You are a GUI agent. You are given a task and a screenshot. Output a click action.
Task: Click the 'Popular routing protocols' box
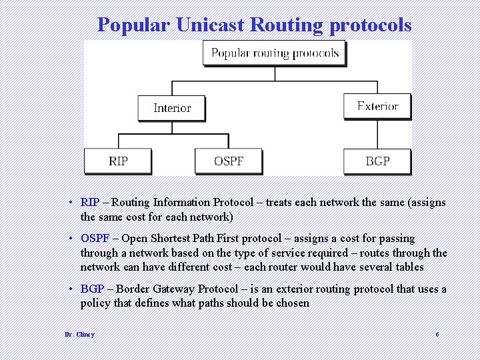pos(274,53)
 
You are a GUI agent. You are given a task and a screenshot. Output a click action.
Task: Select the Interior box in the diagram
pos(171,108)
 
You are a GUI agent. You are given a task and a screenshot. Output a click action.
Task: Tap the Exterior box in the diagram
pos(377,107)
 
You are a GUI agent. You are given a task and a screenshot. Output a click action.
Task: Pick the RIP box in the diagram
pos(118,161)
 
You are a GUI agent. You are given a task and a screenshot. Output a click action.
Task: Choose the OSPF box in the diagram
pos(229,161)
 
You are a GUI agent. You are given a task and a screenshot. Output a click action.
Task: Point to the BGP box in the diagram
pos(377,161)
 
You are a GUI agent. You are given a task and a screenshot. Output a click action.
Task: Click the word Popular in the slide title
pos(134,25)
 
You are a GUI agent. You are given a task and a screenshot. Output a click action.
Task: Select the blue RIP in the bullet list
pos(90,202)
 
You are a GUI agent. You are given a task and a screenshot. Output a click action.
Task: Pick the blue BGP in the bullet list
pos(92,289)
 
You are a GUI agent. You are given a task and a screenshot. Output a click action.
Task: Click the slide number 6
pos(437,334)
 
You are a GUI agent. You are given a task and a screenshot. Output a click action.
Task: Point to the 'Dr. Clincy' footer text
pos(79,334)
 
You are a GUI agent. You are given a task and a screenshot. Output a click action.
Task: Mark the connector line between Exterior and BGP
pos(377,135)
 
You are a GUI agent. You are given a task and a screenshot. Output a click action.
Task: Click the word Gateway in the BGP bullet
pos(175,289)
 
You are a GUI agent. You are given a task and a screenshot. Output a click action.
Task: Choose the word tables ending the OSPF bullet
pos(409,267)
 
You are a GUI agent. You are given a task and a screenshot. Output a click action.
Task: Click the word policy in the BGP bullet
pos(95,303)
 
